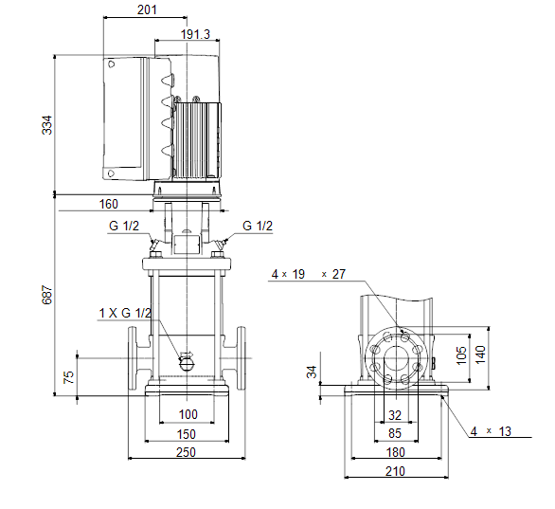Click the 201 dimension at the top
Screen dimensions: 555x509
click(x=147, y=9)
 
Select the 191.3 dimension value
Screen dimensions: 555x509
click(x=195, y=34)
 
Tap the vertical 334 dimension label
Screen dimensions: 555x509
click(x=46, y=125)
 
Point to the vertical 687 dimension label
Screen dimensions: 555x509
click(x=46, y=295)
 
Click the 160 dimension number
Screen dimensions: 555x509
click(x=108, y=204)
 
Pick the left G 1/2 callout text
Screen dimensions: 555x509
click(x=124, y=226)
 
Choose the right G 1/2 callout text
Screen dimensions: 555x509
click(x=258, y=226)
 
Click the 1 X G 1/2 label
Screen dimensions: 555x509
click(x=125, y=313)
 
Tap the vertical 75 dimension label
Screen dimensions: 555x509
click(x=68, y=377)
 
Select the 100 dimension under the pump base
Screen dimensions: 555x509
click(x=188, y=414)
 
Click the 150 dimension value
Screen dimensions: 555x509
click(x=187, y=434)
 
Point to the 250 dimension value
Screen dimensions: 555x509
click(x=186, y=452)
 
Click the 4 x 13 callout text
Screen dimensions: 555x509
click(x=491, y=431)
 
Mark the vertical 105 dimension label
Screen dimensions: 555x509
click(x=461, y=355)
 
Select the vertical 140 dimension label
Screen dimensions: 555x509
click(x=480, y=354)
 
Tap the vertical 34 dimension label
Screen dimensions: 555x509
click(x=312, y=372)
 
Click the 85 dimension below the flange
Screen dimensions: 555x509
click(x=395, y=433)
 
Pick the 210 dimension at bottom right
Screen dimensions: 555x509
click(x=395, y=471)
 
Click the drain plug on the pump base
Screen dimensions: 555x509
click(x=187, y=362)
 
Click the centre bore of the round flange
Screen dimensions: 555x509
click(x=397, y=358)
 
